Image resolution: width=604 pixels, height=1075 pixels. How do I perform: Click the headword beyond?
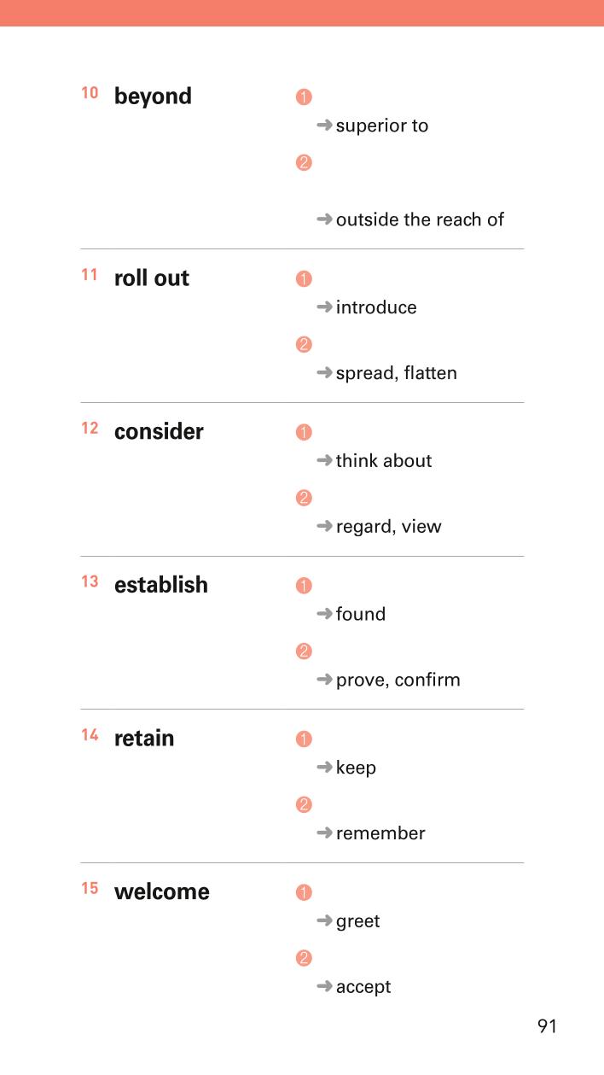point(153,96)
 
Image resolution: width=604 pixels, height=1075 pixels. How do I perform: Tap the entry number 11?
point(90,275)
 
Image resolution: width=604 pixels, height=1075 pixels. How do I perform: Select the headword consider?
point(159,431)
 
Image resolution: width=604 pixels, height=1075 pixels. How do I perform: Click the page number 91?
point(547,1026)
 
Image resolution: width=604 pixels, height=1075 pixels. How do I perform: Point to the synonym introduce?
point(376,307)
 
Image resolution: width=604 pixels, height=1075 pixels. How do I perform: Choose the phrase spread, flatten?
point(397,373)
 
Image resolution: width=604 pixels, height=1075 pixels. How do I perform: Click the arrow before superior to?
point(324,126)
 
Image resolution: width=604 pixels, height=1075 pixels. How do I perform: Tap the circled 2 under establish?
point(304,651)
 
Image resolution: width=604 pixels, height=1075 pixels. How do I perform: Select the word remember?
point(380,833)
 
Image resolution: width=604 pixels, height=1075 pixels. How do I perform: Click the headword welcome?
point(162,891)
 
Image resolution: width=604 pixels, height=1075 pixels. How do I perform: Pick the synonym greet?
point(358,921)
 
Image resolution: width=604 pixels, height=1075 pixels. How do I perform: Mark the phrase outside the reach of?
point(420,219)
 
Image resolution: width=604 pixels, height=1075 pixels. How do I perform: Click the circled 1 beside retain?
point(304,739)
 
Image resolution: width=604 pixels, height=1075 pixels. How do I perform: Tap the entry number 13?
point(90,581)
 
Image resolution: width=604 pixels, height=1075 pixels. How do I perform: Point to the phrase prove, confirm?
point(398,680)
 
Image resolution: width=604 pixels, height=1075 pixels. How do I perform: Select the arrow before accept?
point(324,986)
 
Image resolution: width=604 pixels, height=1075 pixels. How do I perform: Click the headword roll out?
point(152,278)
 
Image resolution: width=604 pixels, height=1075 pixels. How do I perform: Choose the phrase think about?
point(384,461)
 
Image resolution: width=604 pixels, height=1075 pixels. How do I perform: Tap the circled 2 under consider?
point(304,498)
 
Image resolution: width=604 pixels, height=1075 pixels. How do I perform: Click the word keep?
point(356,768)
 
